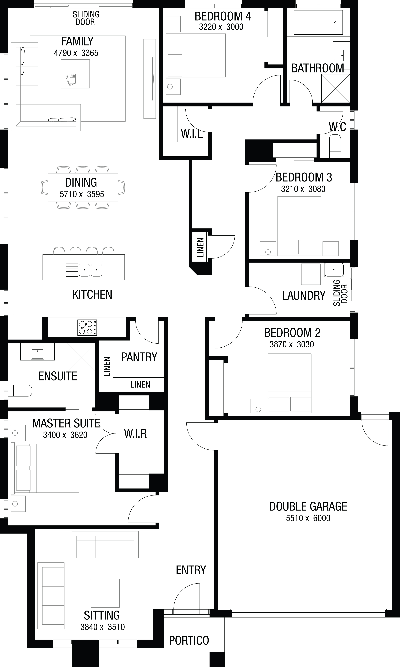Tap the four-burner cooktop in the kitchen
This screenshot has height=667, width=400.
tap(87, 327)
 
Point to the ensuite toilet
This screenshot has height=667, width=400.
tap(20, 391)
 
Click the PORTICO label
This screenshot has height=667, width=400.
tap(189, 641)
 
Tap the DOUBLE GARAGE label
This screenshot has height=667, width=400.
tap(308, 507)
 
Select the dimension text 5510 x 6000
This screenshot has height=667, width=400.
tap(308, 518)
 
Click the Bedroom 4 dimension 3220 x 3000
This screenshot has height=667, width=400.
tap(221, 27)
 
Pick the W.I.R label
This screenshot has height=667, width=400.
tap(135, 434)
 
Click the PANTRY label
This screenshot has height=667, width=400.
tap(139, 357)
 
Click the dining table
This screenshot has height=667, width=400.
tap(83, 188)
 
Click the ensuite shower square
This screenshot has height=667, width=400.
tap(81, 358)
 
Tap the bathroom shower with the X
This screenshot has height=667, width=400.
tap(336, 88)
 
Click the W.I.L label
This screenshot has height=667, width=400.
tap(192, 133)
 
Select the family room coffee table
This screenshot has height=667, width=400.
tap(75, 74)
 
